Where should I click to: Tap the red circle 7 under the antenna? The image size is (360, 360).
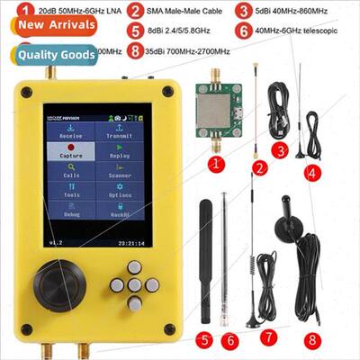[266, 337]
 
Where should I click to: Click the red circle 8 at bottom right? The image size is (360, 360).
[311, 340]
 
